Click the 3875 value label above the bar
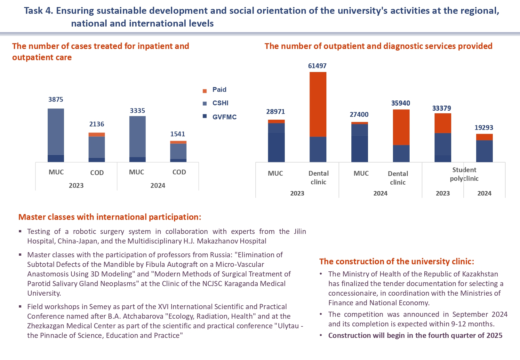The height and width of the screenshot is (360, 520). [56, 100]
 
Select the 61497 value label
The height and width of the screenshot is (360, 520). [317, 66]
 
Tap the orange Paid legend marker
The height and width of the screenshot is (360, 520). [205, 91]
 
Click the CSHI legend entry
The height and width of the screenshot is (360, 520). [220, 103]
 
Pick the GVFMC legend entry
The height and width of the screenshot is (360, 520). [224, 117]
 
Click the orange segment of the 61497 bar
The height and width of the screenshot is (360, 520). [318, 104]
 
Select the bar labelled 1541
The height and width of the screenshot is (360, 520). [178, 151]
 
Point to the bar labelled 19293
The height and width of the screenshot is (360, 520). [484, 148]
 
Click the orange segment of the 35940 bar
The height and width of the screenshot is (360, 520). [401, 127]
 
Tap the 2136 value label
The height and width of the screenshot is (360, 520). [97, 124]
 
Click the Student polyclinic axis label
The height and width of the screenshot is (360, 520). [464, 174]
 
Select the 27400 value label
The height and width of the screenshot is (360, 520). [359, 115]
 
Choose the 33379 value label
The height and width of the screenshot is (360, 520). [442, 108]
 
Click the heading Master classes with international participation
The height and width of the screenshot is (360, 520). [110, 217]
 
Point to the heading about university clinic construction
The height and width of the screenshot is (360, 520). [396, 261]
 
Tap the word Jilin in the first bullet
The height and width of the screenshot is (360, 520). [300, 231]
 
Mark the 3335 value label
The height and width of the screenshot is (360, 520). [137, 111]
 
